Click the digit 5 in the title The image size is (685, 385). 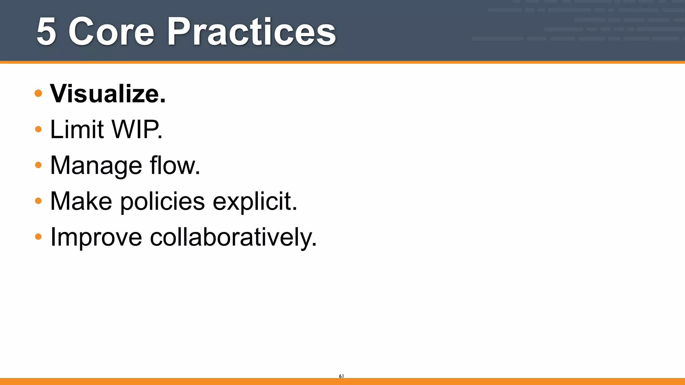[x=46, y=32]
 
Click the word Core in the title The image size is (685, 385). [x=111, y=32]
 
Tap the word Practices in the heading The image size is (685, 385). [x=251, y=32]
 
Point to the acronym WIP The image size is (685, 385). [x=135, y=129]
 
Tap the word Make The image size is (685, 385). [x=81, y=201]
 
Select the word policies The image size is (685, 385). [x=163, y=201]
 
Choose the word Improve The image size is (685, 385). [x=96, y=237]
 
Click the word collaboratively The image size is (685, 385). [x=231, y=237]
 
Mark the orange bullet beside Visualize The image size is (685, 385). [x=38, y=93]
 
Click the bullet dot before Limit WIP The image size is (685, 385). [x=38, y=129]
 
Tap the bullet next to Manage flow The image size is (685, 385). [x=38, y=165]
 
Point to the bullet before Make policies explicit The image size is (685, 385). [x=38, y=201]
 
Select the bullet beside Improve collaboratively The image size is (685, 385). [x=38, y=237]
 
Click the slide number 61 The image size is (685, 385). [x=341, y=376]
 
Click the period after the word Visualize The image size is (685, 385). [x=163, y=101]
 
